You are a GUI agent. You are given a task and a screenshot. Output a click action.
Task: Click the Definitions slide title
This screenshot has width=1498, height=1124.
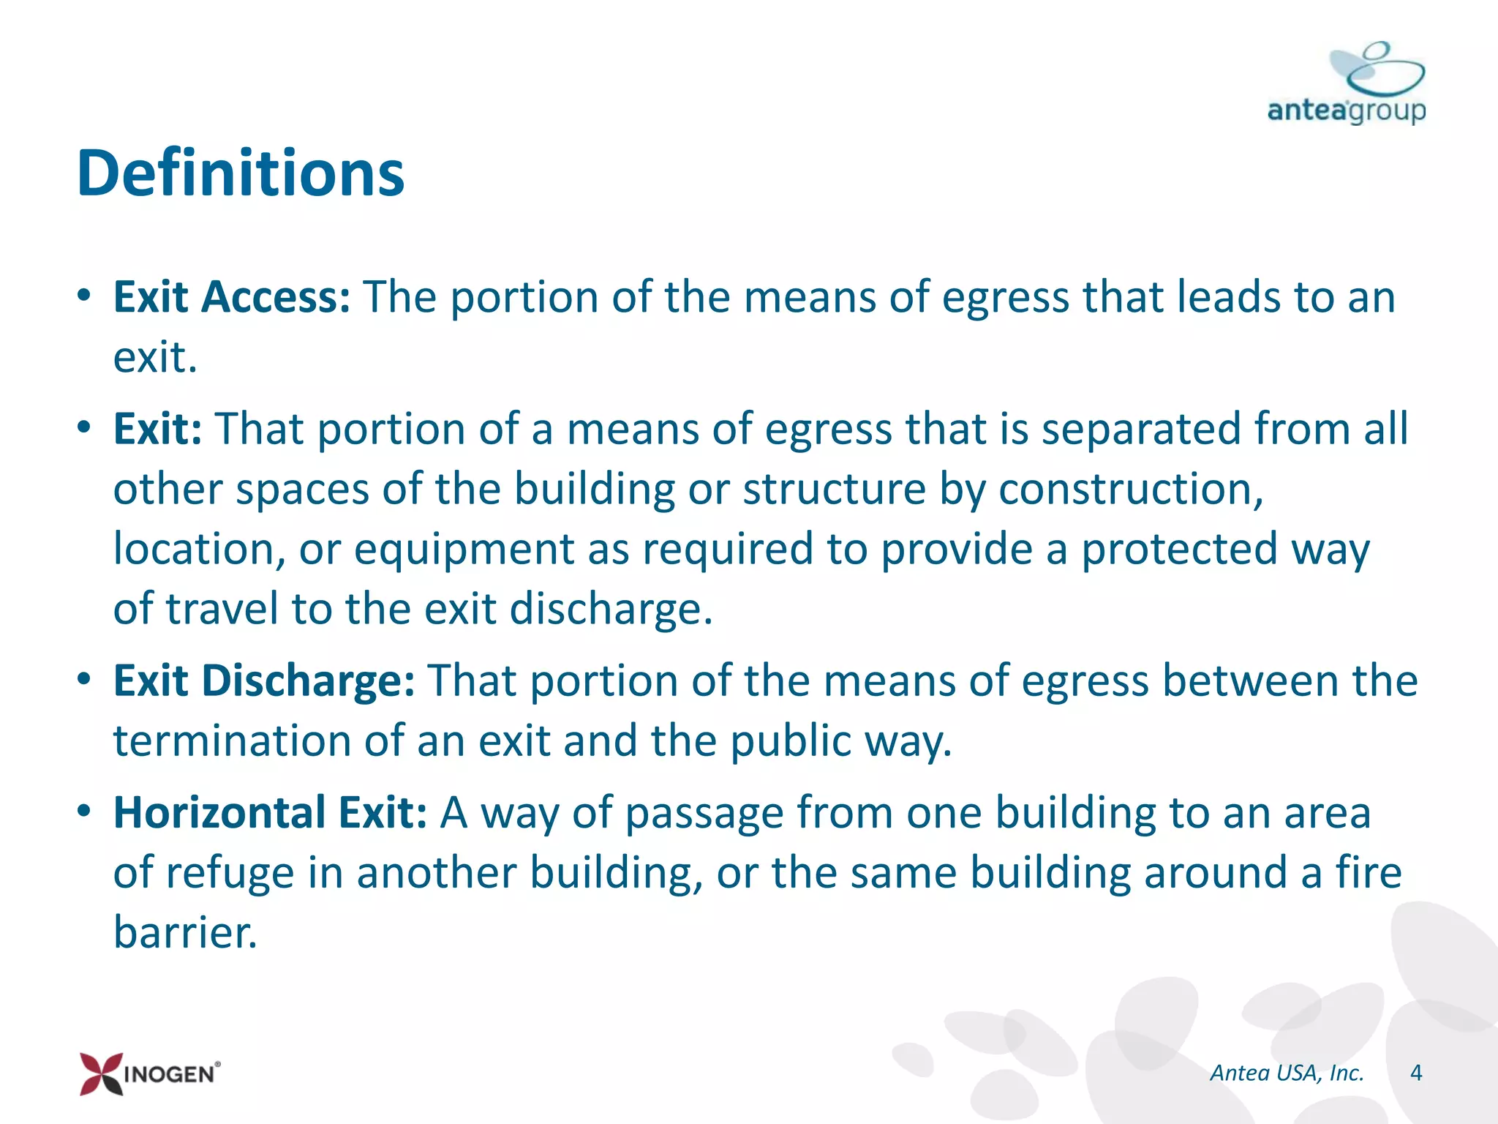point(240,173)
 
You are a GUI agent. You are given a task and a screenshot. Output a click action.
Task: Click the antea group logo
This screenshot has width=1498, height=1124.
point(1347,84)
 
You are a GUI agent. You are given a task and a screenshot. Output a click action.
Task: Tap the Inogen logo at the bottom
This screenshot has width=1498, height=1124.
point(150,1073)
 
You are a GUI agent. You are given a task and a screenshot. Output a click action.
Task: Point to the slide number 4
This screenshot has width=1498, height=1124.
point(1416,1073)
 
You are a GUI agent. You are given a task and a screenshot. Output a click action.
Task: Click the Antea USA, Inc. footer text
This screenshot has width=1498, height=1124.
point(1287,1073)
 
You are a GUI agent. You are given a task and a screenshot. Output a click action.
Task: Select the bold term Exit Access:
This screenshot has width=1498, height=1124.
point(232,297)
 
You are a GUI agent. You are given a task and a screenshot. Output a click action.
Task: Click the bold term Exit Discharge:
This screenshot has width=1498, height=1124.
point(264,681)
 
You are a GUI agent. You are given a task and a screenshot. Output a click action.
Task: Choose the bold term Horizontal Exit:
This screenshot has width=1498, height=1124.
point(270,812)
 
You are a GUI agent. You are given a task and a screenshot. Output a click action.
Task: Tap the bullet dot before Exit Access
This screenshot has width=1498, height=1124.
point(85,296)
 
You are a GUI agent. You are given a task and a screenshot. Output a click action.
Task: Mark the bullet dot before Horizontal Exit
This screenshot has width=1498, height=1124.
point(85,811)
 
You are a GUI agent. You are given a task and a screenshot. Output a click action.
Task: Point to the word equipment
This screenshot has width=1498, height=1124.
point(464,549)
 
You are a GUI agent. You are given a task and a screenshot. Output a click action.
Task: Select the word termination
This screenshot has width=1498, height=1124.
point(232,741)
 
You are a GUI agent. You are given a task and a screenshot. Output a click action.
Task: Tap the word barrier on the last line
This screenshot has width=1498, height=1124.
point(185,932)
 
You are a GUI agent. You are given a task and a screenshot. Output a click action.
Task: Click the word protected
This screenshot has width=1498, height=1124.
point(1179,549)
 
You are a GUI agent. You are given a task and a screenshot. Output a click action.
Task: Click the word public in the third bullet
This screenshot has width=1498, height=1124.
point(791,741)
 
